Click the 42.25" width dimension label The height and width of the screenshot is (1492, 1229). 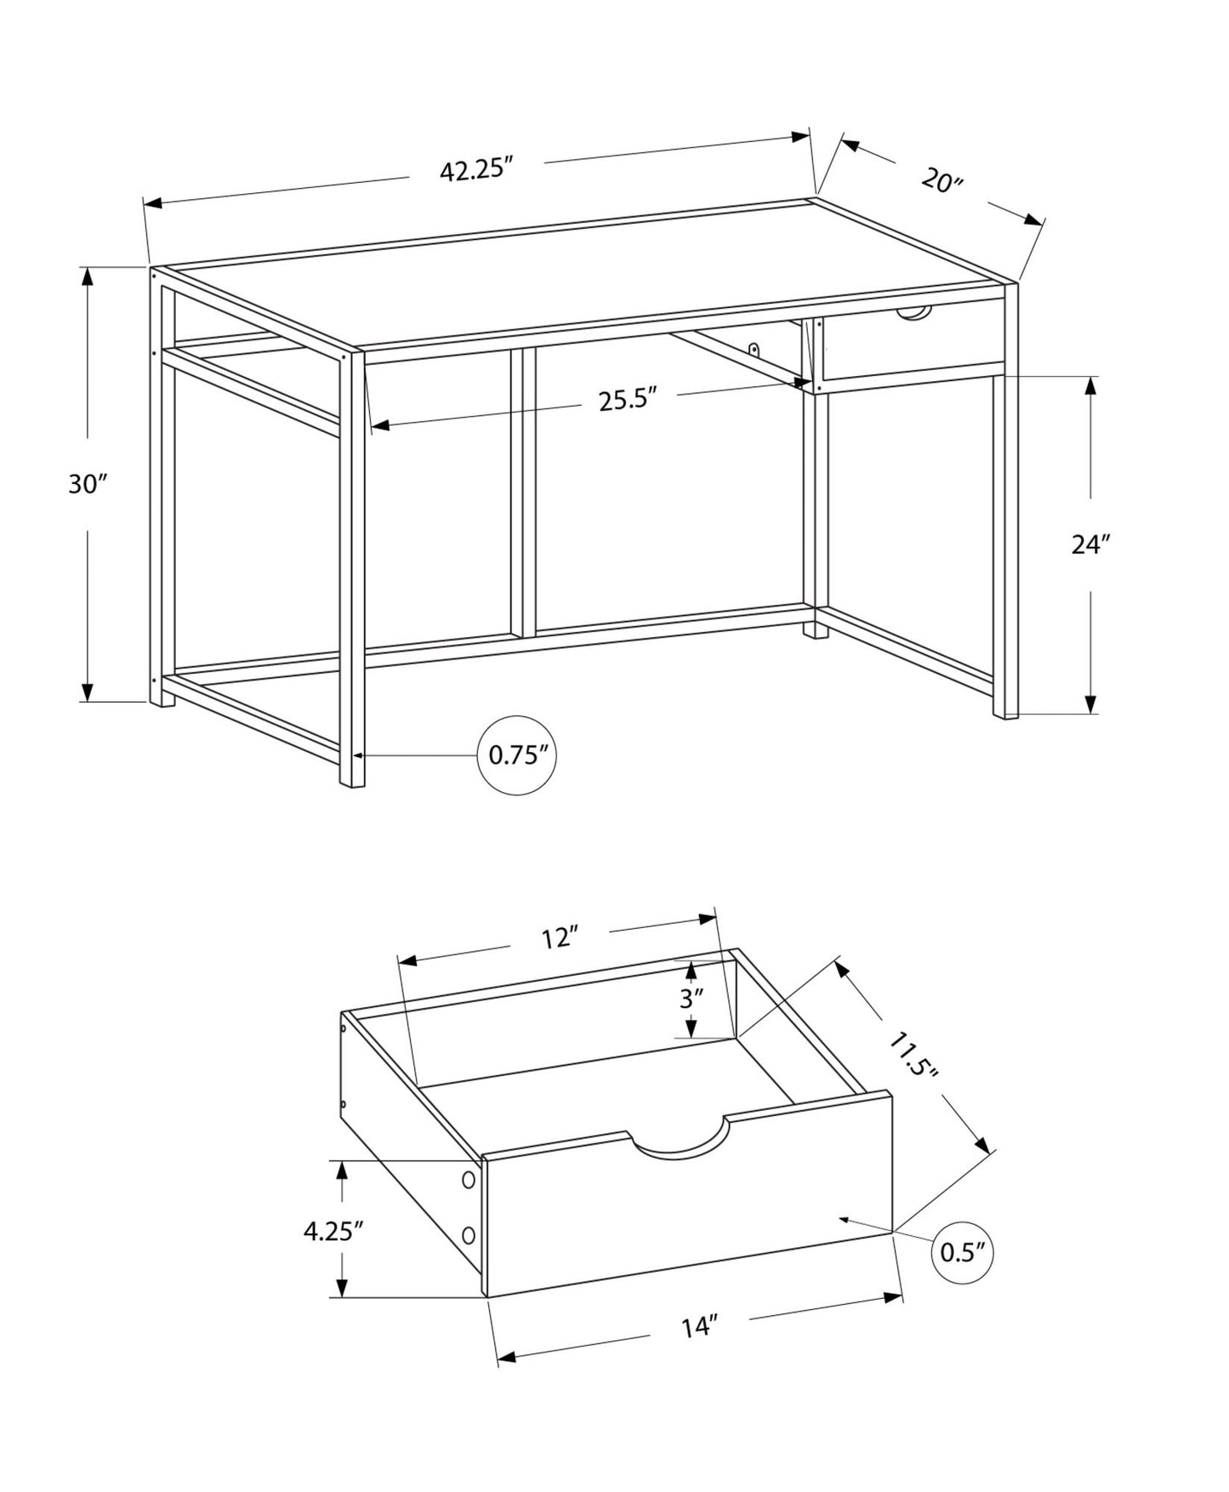point(478,170)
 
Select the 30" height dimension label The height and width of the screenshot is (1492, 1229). point(88,484)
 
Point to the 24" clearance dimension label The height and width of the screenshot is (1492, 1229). point(1090,544)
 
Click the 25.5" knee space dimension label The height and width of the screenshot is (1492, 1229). point(629,400)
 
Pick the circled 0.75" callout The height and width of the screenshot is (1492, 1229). point(517,755)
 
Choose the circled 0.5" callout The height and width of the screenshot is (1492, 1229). point(964,1251)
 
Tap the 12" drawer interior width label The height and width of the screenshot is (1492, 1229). point(560,938)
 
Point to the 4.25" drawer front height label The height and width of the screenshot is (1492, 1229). point(333,1231)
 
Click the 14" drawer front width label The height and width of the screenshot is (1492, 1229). point(699,1326)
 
